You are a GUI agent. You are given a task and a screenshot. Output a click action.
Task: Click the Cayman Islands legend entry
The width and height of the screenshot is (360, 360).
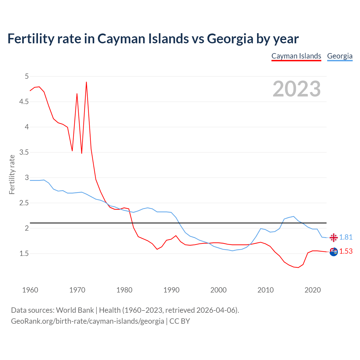click(x=296, y=56)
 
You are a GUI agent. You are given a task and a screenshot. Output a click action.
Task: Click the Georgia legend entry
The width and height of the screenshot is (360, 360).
click(x=340, y=56)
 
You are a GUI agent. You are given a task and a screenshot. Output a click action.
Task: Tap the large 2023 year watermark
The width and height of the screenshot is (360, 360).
click(x=297, y=89)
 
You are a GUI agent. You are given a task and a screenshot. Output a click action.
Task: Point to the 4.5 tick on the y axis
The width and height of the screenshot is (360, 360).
click(x=24, y=102)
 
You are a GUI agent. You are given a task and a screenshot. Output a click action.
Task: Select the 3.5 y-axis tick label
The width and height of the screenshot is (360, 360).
click(x=24, y=152)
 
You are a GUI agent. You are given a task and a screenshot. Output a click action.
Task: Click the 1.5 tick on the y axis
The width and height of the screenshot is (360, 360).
click(x=24, y=253)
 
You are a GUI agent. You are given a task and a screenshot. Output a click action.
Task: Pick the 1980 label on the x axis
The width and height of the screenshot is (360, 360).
click(x=124, y=290)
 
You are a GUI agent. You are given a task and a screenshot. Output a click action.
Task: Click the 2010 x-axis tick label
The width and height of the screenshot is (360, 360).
click(x=265, y=290)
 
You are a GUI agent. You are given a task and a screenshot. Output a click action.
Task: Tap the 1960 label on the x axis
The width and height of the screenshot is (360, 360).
click(x=30, y=290)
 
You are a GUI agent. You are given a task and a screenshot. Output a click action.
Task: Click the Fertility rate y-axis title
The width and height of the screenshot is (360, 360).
click(x=12, y=174)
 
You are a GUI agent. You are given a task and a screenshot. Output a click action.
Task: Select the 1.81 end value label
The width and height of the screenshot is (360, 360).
click(x=346, y=237)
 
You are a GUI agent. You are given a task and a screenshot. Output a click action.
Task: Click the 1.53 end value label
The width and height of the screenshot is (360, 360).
click(x=346, y=251)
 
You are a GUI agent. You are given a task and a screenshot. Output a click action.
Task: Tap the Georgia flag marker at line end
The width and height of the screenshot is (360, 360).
click(x=334, y=237)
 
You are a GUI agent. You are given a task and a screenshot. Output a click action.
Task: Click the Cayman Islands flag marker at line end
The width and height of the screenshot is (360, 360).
click(x=334, y=252)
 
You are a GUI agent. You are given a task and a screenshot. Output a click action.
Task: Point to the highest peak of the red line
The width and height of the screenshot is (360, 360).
click(x=86, y=82)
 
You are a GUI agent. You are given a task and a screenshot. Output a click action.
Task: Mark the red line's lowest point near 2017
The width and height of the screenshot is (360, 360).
click(x=298, y=267)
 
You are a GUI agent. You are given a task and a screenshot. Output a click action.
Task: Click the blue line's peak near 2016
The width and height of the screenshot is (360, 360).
click(x=293, y=216)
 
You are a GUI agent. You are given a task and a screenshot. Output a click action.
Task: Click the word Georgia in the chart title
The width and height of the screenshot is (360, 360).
click(x=230, y=39)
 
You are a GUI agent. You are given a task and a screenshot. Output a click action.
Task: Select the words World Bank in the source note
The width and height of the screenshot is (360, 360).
click(x=75, y=310)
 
